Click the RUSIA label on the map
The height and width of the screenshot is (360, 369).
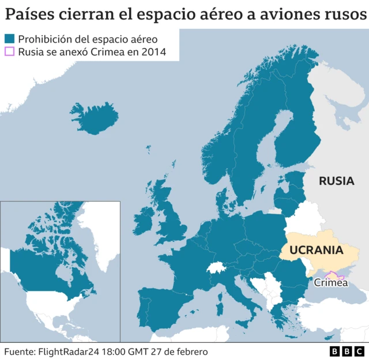(x=336, y=181)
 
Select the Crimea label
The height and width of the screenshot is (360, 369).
(x=330, y=283)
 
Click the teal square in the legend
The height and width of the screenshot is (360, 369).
(x=9, y=39)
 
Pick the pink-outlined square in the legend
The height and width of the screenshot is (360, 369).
(x=9, y=52)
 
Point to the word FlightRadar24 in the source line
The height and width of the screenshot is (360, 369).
(x=69, y=351)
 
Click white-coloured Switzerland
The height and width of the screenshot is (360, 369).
(x=216, y=269)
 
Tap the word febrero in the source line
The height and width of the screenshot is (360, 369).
(x=189, y=351)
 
